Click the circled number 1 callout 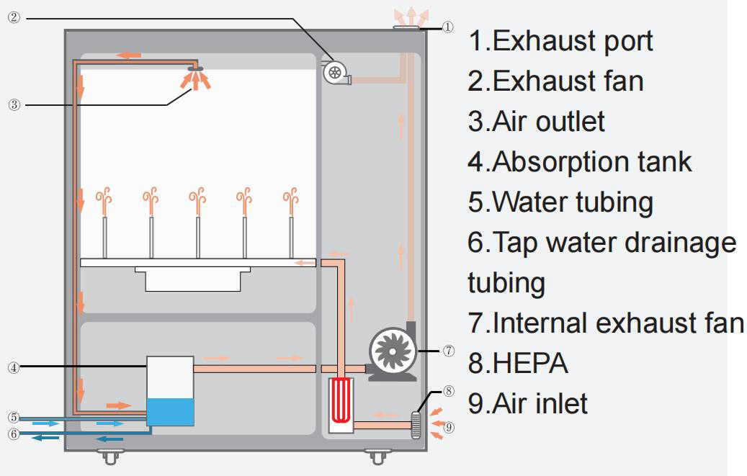coord(447,27)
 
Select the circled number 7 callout coord(449,351)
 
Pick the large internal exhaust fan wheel coord(393,351)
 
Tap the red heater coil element coord(341,400)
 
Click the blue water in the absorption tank coord(170,411)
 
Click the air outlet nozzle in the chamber coord(195,69)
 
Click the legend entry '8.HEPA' coord(517,363)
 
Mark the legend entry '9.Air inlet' coord(527,403)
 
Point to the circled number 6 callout coord(14,434)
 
